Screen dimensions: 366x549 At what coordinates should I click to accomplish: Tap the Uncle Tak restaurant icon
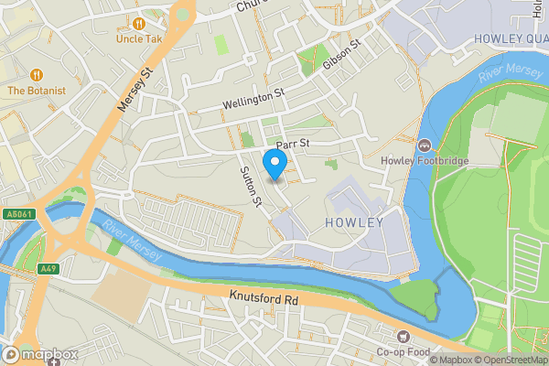pyautogui.click(x=139, y=23)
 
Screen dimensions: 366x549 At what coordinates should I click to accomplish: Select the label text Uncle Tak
pyautogui.click(x=139, y=39)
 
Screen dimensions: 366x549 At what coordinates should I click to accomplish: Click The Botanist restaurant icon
pyautogui.click(x=38, y=74)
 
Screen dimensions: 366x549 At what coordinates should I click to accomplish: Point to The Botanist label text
pyautogui.click(x=38, y=91)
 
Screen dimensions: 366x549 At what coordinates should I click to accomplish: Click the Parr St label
pyautogui.click(x=295, y=144)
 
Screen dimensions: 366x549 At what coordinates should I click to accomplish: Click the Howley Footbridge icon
pyautogui.click(x=425, y=145)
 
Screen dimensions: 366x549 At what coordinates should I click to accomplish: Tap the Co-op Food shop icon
pyautogui.click(x=404, y=336)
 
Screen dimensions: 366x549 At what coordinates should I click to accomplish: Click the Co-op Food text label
pyautogui.click(x=404, y=352)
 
